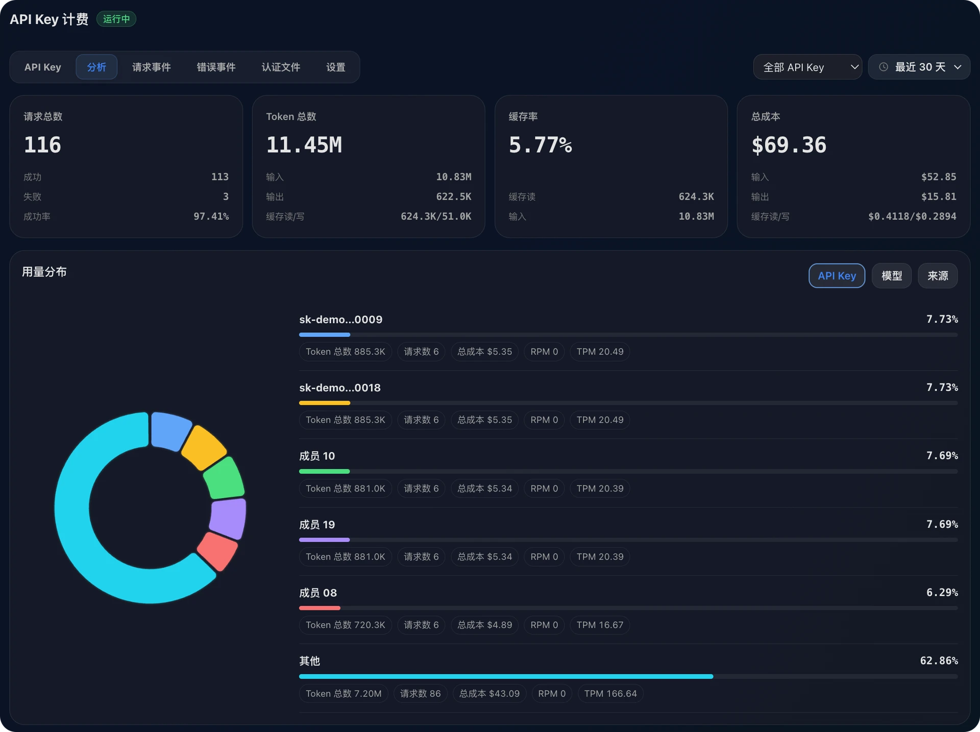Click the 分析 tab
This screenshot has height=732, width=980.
96,67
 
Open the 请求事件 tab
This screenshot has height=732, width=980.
152,67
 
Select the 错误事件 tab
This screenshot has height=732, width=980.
216,67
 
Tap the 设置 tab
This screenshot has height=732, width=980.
336,67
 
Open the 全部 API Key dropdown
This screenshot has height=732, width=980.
807,67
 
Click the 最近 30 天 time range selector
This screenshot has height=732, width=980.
919,67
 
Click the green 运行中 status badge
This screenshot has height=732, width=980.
116,19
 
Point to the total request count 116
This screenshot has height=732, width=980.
43,145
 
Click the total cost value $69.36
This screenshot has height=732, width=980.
789,145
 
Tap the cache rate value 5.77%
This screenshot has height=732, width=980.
541,145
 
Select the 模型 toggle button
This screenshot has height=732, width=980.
892,276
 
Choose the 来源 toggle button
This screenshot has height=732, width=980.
938,276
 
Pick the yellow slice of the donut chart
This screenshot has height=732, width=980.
204,447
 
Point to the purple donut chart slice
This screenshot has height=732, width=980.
228,518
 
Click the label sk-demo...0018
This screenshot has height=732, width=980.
340,387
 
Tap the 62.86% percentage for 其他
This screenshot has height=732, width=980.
939,661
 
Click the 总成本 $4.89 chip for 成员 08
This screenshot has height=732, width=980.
484,625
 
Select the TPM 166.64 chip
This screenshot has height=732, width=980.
610,693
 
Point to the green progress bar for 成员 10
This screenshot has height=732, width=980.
325,471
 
